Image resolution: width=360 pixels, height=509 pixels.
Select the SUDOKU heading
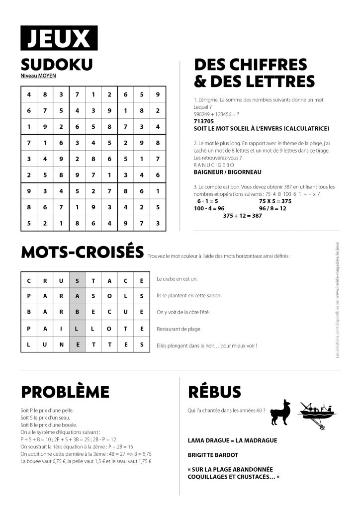57,65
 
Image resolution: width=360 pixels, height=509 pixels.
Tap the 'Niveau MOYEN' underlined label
38,76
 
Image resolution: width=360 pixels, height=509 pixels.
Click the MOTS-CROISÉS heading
83,253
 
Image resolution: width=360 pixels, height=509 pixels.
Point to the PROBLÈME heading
65,391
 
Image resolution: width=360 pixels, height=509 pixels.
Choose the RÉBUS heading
215,391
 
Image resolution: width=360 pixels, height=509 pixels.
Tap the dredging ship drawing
314,413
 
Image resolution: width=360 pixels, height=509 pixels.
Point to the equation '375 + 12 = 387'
243,216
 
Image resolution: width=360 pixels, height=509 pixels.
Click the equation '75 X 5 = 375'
275,201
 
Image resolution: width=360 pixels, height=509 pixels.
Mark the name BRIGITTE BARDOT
213,455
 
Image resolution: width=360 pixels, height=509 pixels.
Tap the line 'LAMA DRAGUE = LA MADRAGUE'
233,440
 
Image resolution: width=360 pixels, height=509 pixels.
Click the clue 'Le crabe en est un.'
177,279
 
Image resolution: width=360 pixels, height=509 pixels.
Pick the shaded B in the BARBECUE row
77,312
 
